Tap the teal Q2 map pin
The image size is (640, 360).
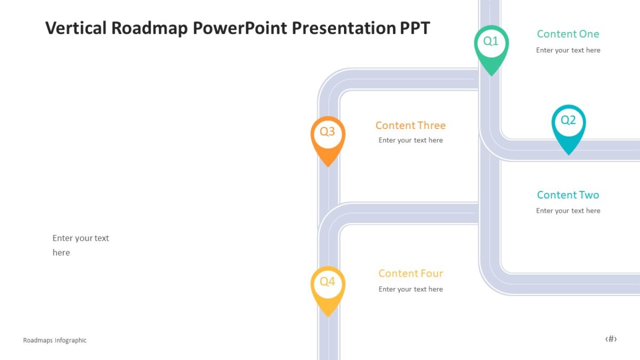tap(568, 125)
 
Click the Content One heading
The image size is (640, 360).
tap(568, 34)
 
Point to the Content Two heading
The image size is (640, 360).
tap(568, 195)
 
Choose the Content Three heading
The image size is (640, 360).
tap(410, 125)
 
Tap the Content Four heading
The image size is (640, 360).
tap(411, 274)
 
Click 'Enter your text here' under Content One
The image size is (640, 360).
tap(568, 50)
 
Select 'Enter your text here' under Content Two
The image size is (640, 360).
tap(568, 211)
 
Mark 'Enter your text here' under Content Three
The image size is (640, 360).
tap(411, 140)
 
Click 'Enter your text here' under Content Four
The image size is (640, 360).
tap(411, 289)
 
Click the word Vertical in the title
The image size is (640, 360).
tap(76, 28)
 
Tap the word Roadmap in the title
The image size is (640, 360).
tap(149, 28)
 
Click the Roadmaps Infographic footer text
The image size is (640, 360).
tap(55, 340)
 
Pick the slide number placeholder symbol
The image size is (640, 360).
tap(611, 339)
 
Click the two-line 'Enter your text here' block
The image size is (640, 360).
tap(81, 245)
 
